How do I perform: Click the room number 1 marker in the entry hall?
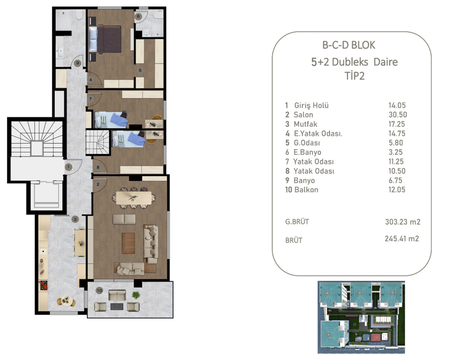pyautogui.click(x=69, y=166)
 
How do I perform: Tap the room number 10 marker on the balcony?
pyautogui.click(x=99, y=290)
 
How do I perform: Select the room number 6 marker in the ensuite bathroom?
pyautogui.click(x=139, y=17)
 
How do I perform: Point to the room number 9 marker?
pyautogui.click(x=78, y=63)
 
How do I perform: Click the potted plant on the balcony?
pyautogui.click(x=136, y=295)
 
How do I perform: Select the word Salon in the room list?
pyautogui.click(x=303, y=115)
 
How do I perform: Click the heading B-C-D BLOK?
pyautogui.click(x=349, y=45)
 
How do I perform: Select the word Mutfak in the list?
pyautogui.click(x=305, y=124)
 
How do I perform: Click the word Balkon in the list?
pyautogui.click(x=306, y=190)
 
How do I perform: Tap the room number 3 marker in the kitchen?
pyautogui.click(x=75, y=219)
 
